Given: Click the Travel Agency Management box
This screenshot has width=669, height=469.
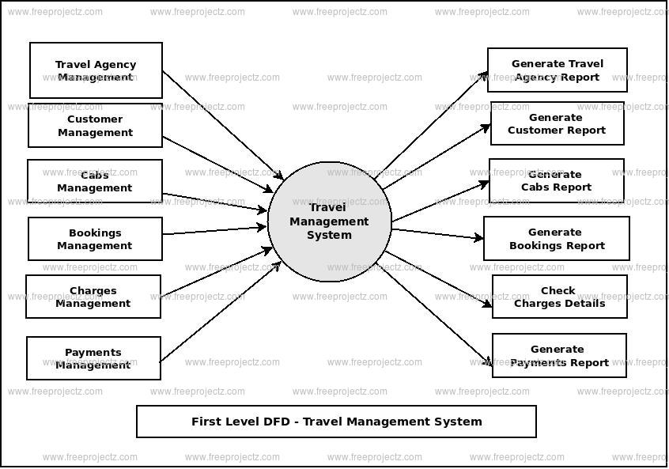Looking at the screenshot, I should pyautogui.click(x=96, y=70).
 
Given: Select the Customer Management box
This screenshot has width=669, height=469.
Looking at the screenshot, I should pyautogui.click(x=95, y=126).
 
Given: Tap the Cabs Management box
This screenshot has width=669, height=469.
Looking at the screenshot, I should pyautogui.click(x=95, y=181).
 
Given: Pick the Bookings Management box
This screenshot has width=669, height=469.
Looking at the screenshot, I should pyautogui.click(x=95, y=239).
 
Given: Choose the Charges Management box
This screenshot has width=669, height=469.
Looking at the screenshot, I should pyautogui.click(x=93, y=297).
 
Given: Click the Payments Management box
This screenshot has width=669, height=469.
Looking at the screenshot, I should pyautogui.click(x=93, y=358).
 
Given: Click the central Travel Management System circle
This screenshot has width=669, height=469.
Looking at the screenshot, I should pyautogui.click(x=329, y=221).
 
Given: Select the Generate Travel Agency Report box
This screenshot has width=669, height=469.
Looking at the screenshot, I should pyautogui.click(x=557, y=70).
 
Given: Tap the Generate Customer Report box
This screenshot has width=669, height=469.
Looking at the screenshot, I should pyautogui.click(x=557, y=124).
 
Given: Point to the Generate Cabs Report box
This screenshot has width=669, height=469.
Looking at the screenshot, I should pyautogui.click(x=556, y=180).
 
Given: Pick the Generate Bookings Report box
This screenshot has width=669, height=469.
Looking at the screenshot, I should pyautogui.click(x=556, y=238).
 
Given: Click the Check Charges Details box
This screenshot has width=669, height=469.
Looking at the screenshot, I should pyautogui.click(x=559, y=297).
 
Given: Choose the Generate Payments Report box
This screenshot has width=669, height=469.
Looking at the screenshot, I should pyautogui.click(x=559, y=355).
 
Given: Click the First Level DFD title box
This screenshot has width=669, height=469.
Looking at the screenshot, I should pyautogui.click(x=336, y=422).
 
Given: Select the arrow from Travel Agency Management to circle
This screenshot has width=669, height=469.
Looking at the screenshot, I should pyautogui.click(x=222, y=125).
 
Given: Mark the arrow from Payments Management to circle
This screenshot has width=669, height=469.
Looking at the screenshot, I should pyautogui.click(x=221, y=310).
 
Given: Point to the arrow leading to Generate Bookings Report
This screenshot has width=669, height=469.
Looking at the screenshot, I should pyautogui.click(x=437, y=233).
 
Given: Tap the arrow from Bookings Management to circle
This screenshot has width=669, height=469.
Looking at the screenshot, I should pyautogui.click(x=214, y=230).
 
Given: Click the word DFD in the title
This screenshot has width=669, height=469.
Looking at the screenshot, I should pyautogui.click(x=266, y=422).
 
